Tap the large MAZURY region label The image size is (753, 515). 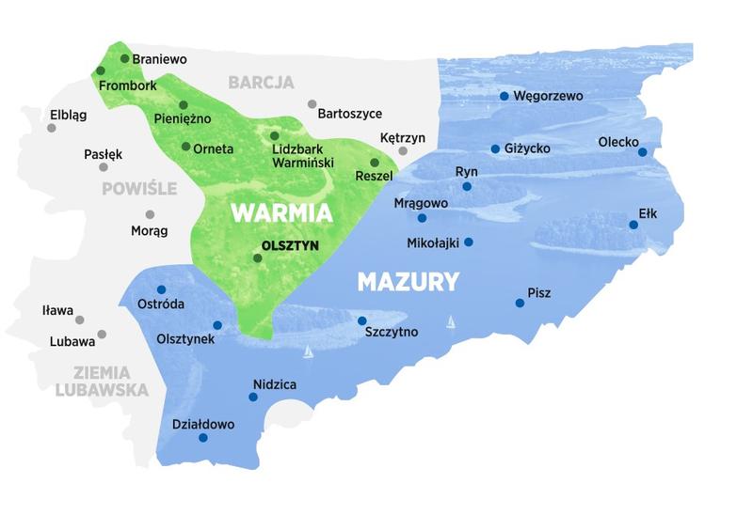[409, 281]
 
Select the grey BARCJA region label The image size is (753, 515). [261, 83]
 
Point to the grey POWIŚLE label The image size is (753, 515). [139, 188]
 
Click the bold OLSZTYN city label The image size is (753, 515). [291, 245]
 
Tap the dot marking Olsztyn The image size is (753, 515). [257, 257]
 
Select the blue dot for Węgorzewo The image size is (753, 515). [505, 96]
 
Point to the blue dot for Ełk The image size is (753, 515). [633, 225]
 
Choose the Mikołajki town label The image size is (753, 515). [433, 242]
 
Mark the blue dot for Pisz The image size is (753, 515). [520, 303]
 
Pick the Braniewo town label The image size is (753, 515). [159, 59]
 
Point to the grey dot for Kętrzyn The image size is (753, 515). [403, 150]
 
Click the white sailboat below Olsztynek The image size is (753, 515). [308, 352]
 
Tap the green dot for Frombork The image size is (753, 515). [101, 70]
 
